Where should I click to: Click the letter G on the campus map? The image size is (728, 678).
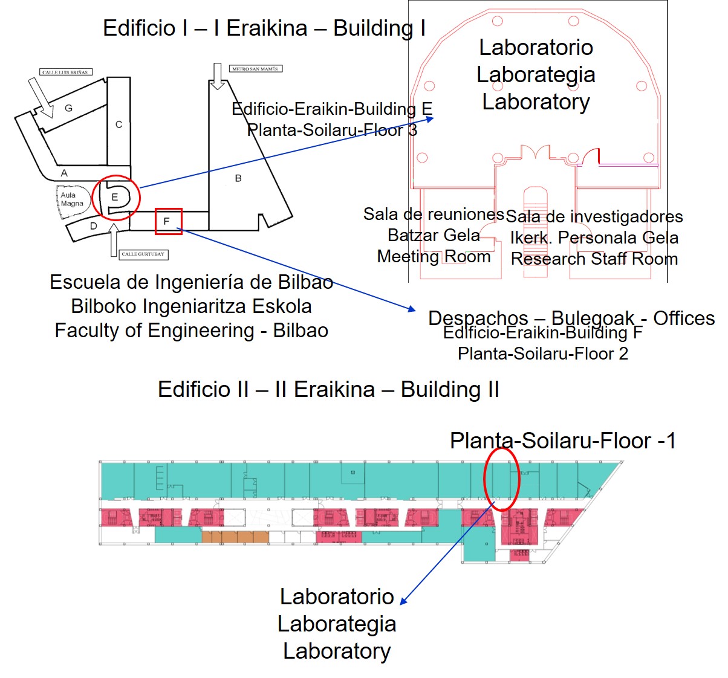pyautogui.click(x=68, y=108)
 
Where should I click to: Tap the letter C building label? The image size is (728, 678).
pyautogui.click(x=119, y=124)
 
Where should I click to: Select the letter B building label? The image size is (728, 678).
pyautogui.click(x=238, y=178)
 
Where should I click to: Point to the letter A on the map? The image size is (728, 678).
pyautogui.click(x=64, y=173)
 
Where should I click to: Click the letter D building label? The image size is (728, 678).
pyautogui.click(x=93, y=226)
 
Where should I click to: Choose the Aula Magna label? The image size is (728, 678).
pyautogui.click(x=71, y=199)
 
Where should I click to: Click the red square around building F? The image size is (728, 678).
pyautogui.click(x=168, y=221)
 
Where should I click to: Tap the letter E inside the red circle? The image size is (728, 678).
pyautogui.click(x=115, y=197)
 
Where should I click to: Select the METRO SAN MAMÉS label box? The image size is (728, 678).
pyautogui.click(x=255, y=69)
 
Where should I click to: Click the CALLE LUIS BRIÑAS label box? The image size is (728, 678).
pyautogui.click(x=65, y=72)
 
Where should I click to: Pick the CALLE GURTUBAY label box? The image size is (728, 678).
pyautogui.click(x=143, y=254)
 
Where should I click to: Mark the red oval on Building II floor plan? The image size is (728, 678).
pyautogui.click(x=502, y=479)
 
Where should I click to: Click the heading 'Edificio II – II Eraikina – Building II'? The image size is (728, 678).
pyautogui.click(x=328, y=390)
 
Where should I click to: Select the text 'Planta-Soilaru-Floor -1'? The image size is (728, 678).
pyautogui.click(x=562, y=441)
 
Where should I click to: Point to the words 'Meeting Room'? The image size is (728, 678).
pyautogui.click(x=434, y=257)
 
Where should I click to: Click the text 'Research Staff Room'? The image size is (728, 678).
pyautogui.click(x=594, y=259)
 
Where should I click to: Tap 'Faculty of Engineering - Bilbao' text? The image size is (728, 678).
pyautogui.click(x=191, y=331)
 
